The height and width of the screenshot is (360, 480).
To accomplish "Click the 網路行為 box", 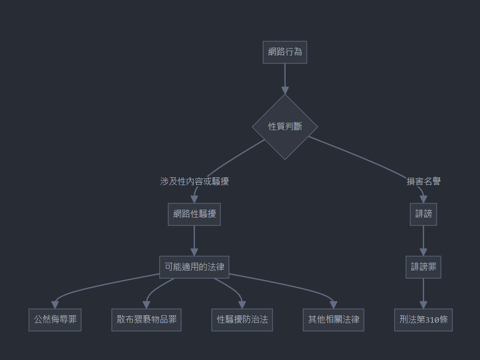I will pyautogui.click(x=285, y=52).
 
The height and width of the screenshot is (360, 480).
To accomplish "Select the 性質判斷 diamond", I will pyautogui.click(x=285, y=127).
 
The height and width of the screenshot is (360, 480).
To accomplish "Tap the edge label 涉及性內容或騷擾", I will pyautogui.click(x=194, y=181).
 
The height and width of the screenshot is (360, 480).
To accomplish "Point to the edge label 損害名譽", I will pyautogui.click(x=424, y=181).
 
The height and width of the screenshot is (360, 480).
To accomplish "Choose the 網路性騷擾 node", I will pyautogui.click(x=194, y=214).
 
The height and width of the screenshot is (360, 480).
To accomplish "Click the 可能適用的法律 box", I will pyautogui.click(x=194, y=267).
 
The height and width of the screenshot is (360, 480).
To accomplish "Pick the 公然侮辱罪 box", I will pyautogui.click(x=55, y=320).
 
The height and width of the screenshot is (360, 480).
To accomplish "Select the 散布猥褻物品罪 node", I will pyautogui.click(x=146, y=320).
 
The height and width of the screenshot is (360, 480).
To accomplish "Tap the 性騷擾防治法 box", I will pyautogui.click(x=242, y=320).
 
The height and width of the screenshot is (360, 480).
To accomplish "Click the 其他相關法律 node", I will pyautogui.click(x=333, y=320).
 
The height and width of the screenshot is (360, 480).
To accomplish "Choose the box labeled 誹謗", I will pyautogui.click(x=424, y=214).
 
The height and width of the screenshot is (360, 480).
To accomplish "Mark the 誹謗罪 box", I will pyautogui.click(x=424, y=267).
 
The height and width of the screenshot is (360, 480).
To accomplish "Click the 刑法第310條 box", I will pyautogui.click(x=424, y=320).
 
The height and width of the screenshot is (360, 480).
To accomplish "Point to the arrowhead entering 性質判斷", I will pyautogui.click(x=285, y=90).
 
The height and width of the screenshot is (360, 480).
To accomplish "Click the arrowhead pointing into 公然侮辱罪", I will pyautogui.click(x=55, y=305).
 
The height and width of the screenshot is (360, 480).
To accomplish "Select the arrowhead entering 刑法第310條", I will pyautogui.click(x=424, y=305).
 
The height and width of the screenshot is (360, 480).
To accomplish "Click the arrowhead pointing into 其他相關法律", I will pyautogui.click(x=333, y=305).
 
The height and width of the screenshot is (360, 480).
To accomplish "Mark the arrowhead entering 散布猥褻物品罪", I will pyautogui.click(x=146, y=305).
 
